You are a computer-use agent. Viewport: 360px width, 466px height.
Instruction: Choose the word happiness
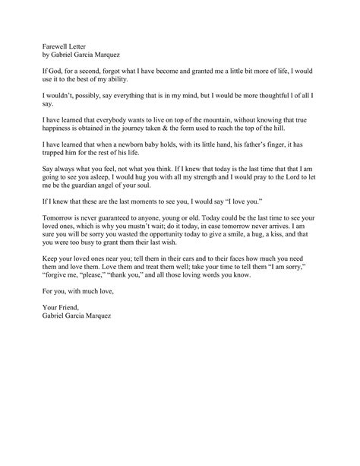click(x=58, y=129)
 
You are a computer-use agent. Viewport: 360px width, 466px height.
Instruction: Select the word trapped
click(x=55, y=154)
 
